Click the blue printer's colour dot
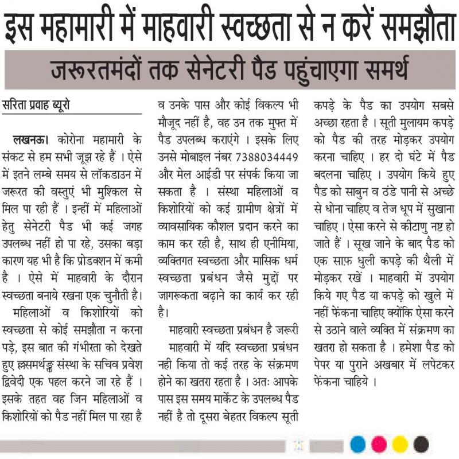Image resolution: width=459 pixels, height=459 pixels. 357,444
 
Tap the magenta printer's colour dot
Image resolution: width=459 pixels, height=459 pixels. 379,444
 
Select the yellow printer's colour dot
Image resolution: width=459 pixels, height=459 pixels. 400,444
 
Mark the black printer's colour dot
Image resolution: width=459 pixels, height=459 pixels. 421,444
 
